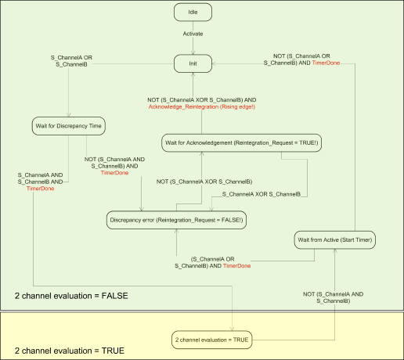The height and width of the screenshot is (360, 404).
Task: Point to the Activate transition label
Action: pyautogui.click(x=194, y=34)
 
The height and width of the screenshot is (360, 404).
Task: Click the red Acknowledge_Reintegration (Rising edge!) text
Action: pyautogui.click(x=202, y=107)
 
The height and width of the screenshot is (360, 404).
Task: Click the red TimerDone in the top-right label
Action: pyautogui.click(x=326, y=62)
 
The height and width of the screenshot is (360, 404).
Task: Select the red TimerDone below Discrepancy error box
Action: pyautogui.click(x=236, y=266)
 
